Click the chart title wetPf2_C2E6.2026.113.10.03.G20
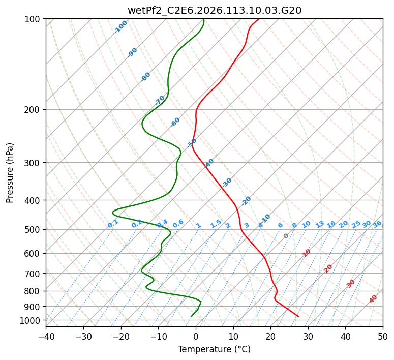214,10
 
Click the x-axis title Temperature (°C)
214,349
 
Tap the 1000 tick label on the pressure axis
32,320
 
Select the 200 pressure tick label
34,109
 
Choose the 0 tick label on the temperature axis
196,337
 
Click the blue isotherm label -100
120,27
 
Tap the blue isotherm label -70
160,100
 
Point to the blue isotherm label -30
227,182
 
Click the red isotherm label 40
373,299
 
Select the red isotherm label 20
328,268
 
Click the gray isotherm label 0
286,236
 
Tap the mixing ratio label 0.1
113,224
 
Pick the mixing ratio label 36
377,224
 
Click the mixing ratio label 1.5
216,224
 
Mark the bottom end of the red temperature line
298,316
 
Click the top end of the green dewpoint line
203,19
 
